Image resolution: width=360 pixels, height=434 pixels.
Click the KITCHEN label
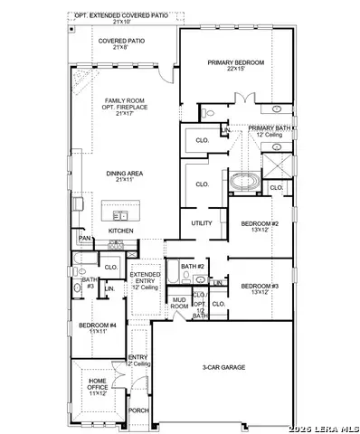click(x=121, y=231)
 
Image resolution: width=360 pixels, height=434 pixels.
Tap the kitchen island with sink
click(x=122, y=214)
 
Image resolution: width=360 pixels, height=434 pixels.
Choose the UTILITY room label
click(x=202, y=222)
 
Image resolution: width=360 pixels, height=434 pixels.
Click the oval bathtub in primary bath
click(x=243, y=183)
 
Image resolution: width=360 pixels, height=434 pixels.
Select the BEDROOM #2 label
click(x=260, y=226)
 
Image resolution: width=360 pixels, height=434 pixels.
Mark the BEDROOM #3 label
click(x=260, y=288)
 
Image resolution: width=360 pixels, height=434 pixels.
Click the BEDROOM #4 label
click(x=97, y=327)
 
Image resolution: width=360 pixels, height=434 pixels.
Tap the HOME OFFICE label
click(x=98, y=390)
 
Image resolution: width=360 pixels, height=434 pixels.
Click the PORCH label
click(x=138, y=410)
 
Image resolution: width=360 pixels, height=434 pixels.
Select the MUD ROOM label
click(x=179, y=303)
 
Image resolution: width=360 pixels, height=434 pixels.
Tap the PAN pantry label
click(x=84, y=238)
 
